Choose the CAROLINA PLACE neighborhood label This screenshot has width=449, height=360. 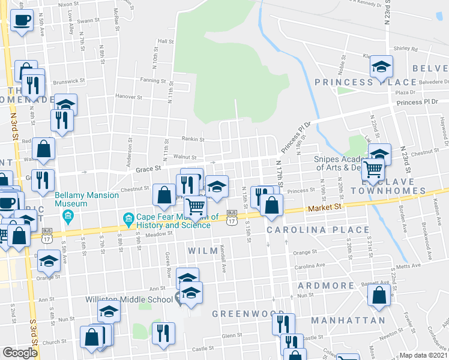click(x=318, y=230)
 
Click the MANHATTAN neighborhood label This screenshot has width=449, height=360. click(x=348, y=320)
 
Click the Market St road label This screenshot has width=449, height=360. click(x=325, y=207)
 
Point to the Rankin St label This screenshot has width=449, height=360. click(x=193, y=139)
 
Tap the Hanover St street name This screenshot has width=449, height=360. click(x=128, y=96)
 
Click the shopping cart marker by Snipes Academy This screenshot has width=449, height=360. click(x=373, y=172)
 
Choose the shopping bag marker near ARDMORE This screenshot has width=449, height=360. click(x=379, y=296)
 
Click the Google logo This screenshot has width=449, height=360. click(x=19, y=353)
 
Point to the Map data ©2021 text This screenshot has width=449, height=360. click(x=424, y=355)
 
